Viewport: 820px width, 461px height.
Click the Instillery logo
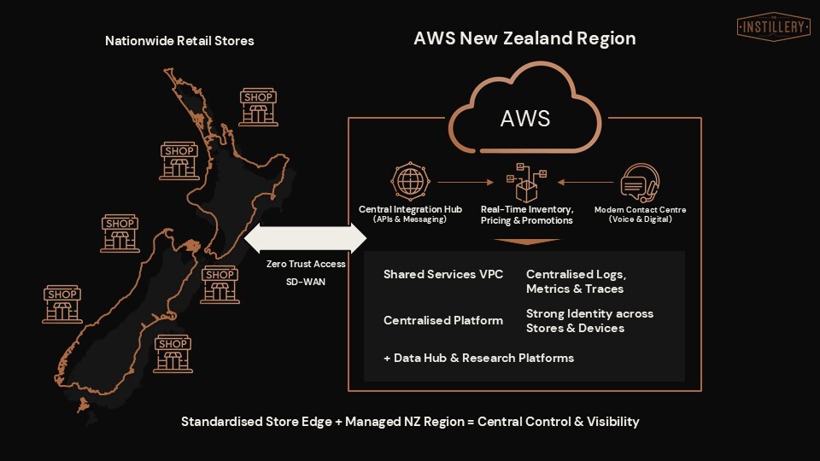tap(773, 26)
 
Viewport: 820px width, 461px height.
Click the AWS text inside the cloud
tap(524, 118)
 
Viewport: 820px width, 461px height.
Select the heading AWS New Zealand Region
tap(524, 38)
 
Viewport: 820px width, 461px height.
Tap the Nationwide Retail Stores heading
tap(179, 41)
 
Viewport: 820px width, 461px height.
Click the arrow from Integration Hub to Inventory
tap(466, 182)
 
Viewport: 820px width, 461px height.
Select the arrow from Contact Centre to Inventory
tap(585, 182)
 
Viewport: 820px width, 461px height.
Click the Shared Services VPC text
tap(443, 275)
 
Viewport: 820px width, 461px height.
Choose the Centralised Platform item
tap(443, 320)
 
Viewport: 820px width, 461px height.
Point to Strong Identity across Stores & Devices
tap(589, 321)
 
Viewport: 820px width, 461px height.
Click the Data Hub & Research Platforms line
tap(478, 358)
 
